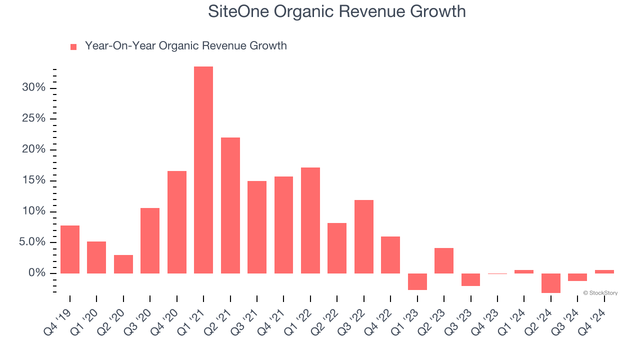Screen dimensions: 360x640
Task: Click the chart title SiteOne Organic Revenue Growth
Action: pos(337,11)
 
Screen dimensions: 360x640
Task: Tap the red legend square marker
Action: pos(73,46)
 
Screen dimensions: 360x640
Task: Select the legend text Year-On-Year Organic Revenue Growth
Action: pos(185,46)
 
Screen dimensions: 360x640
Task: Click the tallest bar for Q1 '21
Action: pos(203,170)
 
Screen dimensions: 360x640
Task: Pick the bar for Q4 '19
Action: pos(70,249)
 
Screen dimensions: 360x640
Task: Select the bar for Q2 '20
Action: pos(123,264)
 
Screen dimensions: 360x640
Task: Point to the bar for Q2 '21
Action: pos(230,205)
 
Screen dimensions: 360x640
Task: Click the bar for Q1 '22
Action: pos(310,220)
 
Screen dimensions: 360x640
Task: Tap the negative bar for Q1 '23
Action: pos(417,281)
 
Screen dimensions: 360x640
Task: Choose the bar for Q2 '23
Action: pos(444,260)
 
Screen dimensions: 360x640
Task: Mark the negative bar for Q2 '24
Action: pos(551,283)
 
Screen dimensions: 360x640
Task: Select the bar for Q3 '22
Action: pos(364,236)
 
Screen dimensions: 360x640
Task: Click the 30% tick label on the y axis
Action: pos(33,88)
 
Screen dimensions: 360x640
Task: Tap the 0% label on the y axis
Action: pos(37,273)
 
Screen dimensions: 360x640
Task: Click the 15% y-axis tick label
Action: pos(33,180)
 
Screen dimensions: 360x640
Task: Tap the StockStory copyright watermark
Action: pos(600,293)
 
